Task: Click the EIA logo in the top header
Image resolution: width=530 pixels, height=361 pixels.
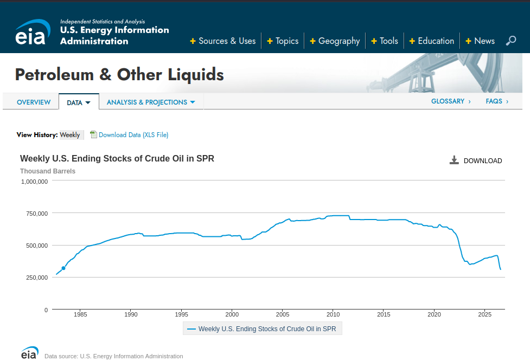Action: [33, 32]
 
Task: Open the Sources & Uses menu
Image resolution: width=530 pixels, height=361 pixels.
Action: [223, 41]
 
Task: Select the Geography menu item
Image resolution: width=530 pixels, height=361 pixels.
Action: [335, 41]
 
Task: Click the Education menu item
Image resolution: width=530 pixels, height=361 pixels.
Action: [432, 41]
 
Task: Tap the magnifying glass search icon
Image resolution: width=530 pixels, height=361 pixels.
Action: [510, 41]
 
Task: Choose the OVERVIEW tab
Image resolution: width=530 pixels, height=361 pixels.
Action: [34, 102]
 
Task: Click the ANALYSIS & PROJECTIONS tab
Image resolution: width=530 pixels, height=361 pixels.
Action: [151, 102]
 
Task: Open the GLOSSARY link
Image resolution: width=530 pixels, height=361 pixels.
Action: [451, 101]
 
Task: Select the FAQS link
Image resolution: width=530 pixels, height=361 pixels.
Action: [497, 101]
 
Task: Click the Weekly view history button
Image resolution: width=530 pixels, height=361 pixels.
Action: [70, 135]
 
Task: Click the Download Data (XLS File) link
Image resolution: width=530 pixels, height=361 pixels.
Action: [133, 135]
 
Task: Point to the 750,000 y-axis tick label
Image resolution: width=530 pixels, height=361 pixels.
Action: [37, 214]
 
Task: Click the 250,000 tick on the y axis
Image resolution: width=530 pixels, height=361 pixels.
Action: [37, 278]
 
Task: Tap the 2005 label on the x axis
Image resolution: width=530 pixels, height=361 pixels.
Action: [283, 314]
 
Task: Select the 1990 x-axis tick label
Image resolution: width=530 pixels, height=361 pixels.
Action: [131, 314]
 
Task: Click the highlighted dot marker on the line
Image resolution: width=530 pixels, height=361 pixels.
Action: [63, 268]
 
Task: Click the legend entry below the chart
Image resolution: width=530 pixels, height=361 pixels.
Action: [263, 328]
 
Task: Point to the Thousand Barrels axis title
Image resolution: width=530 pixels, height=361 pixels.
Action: [48, 171]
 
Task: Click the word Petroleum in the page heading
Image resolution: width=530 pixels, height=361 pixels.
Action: [54, 74]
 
